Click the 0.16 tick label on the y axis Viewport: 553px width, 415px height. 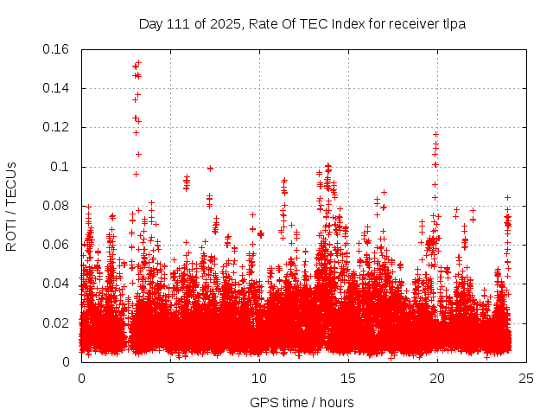57,49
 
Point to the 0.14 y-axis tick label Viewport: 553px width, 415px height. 57,88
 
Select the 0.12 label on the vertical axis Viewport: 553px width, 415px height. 57,127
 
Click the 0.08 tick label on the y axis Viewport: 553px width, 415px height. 57,206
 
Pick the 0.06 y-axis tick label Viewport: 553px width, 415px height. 57,245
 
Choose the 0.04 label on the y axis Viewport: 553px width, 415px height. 57,284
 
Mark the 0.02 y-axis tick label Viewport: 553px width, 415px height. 57,323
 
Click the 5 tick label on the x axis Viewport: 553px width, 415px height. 171,378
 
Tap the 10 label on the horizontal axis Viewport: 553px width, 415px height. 259,378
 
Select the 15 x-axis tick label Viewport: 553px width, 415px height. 348,378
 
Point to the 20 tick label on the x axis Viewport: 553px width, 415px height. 437,378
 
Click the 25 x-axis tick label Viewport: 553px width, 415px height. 526,378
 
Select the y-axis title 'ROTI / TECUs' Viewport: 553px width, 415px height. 12,206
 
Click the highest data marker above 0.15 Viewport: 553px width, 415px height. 138,62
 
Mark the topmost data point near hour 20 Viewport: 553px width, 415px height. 436,134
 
